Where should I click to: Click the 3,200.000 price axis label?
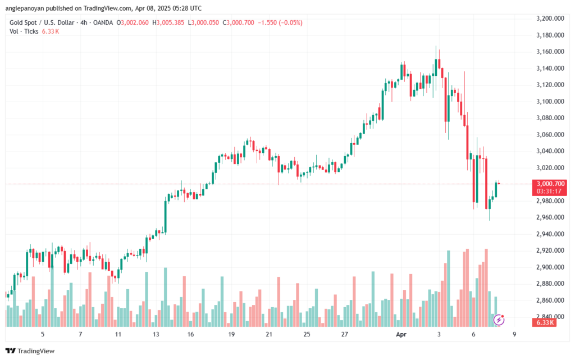[551, 19]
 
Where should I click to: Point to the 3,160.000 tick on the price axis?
[551, 52]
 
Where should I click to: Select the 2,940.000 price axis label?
[551, 234]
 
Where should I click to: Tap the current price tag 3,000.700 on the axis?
[551, 184]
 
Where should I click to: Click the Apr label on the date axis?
[401, 334]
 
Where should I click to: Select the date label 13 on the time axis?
[156, 334]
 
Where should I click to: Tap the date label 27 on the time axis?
[344, 334]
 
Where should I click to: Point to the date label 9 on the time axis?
[514, 334]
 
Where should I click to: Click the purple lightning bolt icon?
[498, 320]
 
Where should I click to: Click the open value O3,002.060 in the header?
[133, 22]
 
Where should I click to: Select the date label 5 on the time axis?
[43, 334]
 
